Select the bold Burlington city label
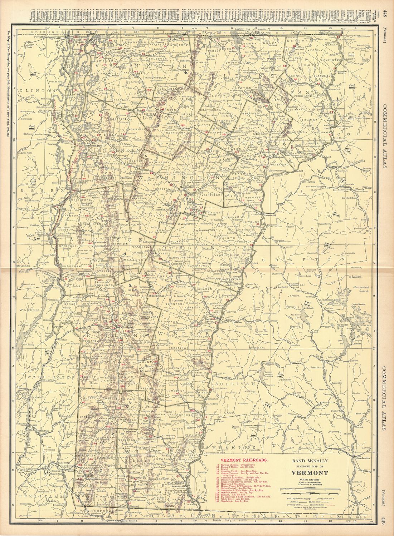click(96, 145)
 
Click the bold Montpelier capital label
click(186, 186)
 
